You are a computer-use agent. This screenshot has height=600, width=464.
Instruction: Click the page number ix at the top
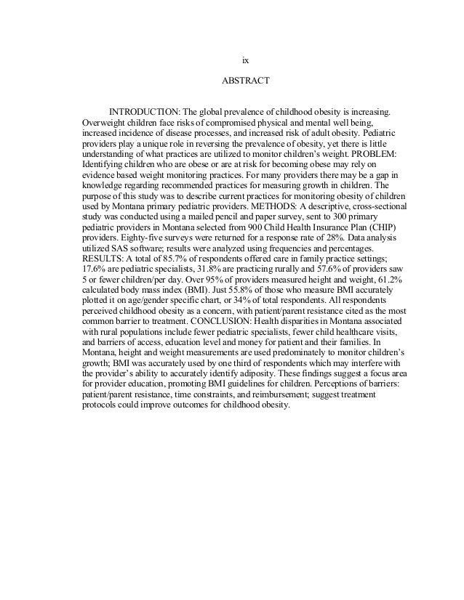pos(245,59)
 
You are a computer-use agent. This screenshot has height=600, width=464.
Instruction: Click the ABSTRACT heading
pos(245,81)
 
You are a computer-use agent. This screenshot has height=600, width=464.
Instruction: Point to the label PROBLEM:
pos(371,155)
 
